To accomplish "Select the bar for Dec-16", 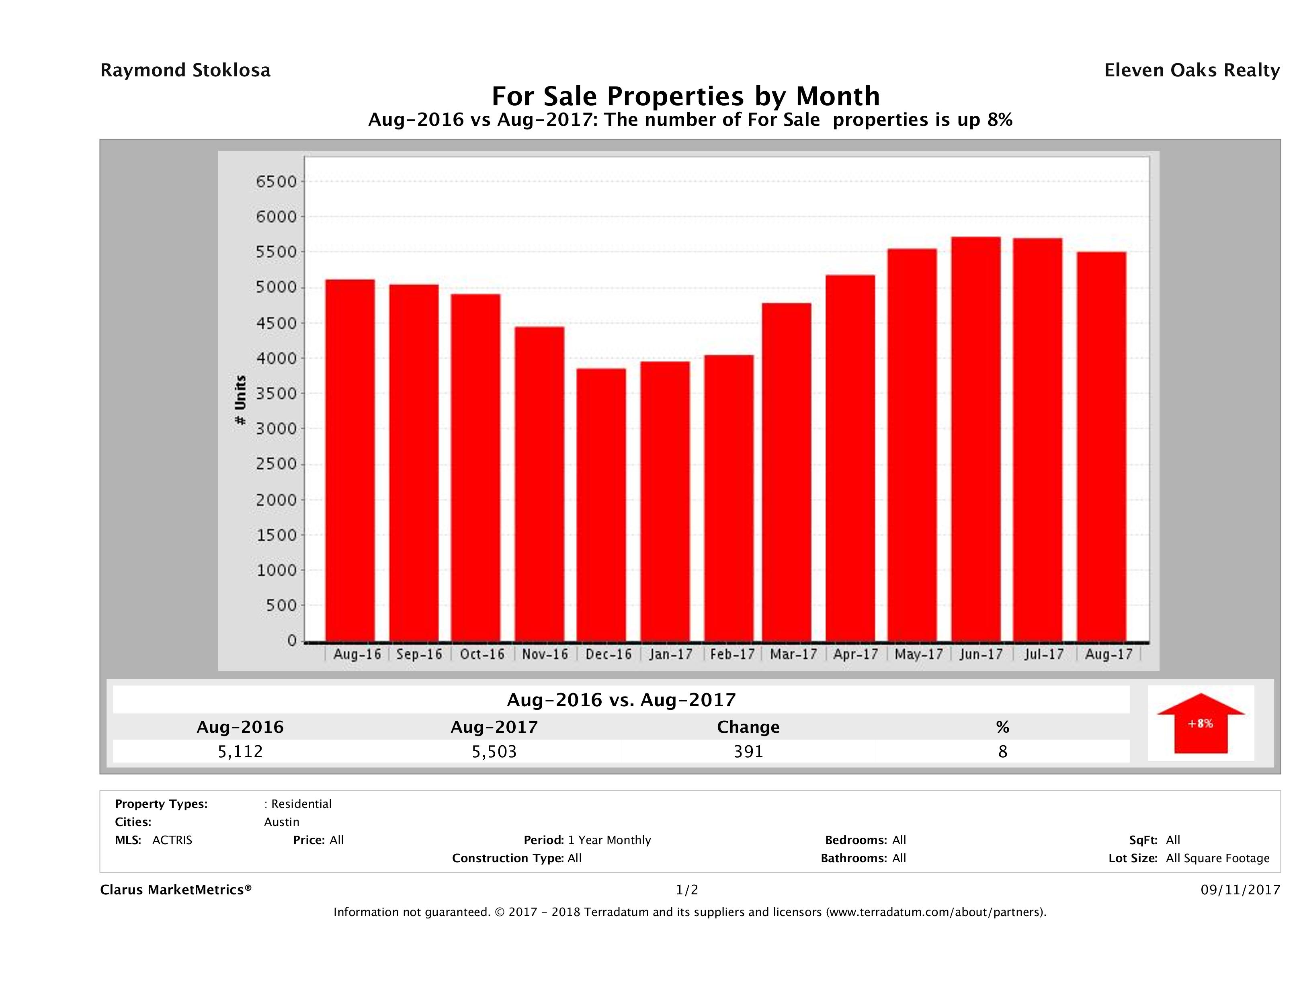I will (x=601, y=505).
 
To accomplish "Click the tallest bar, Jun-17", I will (x=976, y=439).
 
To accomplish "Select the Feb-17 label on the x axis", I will (x=732, y=654).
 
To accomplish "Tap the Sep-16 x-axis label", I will (x=419, y=654).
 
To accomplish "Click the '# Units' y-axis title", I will (x=240, y=400).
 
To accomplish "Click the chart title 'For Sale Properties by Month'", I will (x=685, y=96).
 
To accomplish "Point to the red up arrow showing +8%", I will (x=1200, y=723).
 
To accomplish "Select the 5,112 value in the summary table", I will (x=240, y=751).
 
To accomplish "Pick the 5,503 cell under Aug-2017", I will (x=494, y=751).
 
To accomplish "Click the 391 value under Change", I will (x=748, y=751).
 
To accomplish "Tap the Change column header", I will (x=748, y=727).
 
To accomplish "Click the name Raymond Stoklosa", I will (x=185, y=70).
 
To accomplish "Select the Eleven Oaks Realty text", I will (x=1191, y=70).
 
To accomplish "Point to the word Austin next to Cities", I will (x=281, y=822).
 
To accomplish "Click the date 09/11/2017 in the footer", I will (x=1240, y=890).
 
